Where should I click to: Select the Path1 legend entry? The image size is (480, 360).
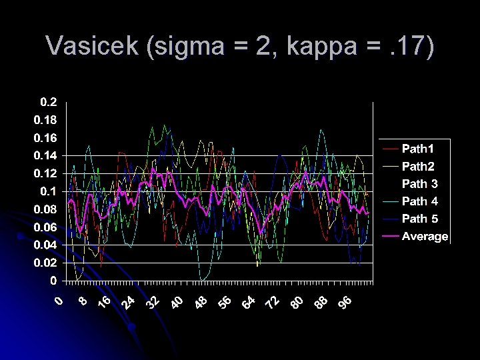coord(417,148)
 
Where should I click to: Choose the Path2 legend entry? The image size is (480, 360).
coord(417,165)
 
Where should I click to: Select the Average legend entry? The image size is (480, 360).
coord(425,237)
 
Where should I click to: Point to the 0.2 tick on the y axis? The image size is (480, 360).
coord(49,102)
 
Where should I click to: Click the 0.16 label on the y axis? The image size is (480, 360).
coord(46,138)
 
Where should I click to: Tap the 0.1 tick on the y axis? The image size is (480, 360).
coord(49,191)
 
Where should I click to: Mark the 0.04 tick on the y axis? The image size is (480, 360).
coord(46,245)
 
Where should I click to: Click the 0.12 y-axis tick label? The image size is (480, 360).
coord(46,173)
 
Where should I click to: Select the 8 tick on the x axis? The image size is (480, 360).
coord(83,301)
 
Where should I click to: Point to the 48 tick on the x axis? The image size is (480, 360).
coord(201,303)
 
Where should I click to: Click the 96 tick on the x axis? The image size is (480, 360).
coord(345,303)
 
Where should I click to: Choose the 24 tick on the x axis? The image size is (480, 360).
coord(129,303)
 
